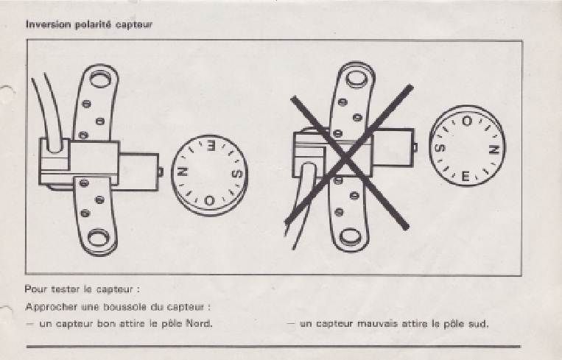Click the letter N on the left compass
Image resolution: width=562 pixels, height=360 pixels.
click(x=185, y=173)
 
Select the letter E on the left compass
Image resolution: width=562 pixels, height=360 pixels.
click(x=211, y=147)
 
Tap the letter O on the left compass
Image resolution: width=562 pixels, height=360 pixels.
click(x=209, y=200)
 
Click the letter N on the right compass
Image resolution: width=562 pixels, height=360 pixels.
click(x=494, y=149)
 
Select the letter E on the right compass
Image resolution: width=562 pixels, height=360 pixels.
click(x=466, y=176)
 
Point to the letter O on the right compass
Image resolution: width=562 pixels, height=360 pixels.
click(x=467, y=121)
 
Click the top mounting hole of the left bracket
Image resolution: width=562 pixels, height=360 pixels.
click(x=100, y=79)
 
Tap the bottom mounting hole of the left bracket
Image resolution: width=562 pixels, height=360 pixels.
click(x=99, y=238)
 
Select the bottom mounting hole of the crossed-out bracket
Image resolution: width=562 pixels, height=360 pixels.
click(x=350, y=237)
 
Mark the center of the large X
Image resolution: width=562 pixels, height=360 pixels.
click(x=347, y=157)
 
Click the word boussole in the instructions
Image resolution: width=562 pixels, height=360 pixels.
click(x=124, y=307)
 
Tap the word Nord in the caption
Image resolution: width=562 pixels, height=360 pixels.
click(x=199, y=324)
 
